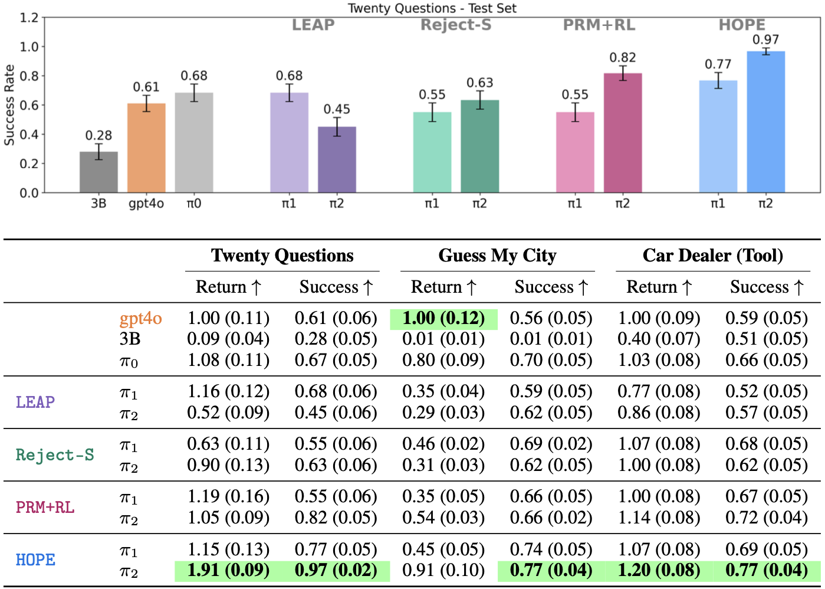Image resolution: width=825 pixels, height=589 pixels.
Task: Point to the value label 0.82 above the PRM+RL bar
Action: [x=623, y=57]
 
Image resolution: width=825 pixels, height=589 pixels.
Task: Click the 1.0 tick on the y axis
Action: [x=29, y=47]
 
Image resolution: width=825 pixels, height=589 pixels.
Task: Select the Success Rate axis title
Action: [x=9, y=105]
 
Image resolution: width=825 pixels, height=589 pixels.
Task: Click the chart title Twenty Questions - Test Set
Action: [x=432, y=8]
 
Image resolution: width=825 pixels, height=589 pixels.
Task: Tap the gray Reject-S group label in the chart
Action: [x=456, y=25]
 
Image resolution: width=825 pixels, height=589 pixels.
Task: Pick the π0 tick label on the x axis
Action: [x=194, y=204]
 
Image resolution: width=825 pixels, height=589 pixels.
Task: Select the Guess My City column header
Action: [x=497, y=256]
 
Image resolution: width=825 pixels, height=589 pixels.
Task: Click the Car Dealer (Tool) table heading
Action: [x=712, y=256]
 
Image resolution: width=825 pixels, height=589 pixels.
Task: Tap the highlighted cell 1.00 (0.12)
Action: [x=443, y=319]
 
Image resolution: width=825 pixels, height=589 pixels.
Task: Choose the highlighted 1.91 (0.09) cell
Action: [x=228, y=571]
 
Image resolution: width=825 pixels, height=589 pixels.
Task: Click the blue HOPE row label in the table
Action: [x=35, y=559]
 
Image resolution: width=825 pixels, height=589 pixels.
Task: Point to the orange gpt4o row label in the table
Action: [x=140, y=319]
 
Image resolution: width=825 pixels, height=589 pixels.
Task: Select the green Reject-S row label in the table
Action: [x=55, y=454]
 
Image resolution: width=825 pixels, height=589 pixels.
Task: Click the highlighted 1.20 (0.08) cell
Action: [x=659, y=571]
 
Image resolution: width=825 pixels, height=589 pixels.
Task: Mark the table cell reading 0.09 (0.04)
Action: [x=228, y=339]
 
